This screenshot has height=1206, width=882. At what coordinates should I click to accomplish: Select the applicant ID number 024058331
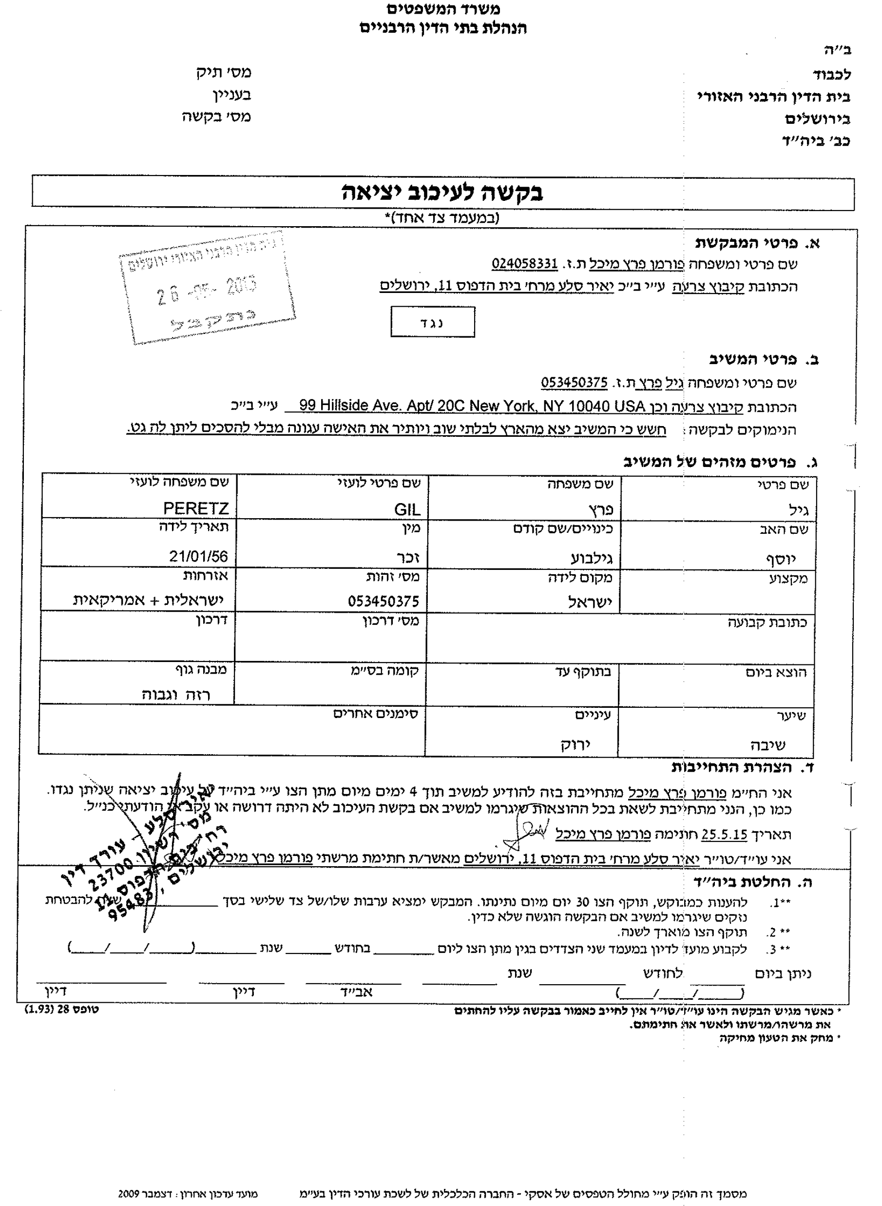(x=524, y=264)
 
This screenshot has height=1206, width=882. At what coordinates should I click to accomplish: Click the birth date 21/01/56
(x=199, y=557)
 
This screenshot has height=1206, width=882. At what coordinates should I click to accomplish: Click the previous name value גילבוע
(x=592, y=559)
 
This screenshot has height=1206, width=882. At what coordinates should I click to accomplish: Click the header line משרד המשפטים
(x=443, y=9)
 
